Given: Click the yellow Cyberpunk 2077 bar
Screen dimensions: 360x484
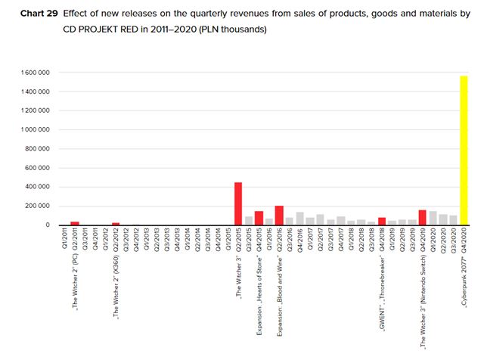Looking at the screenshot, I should tap(463, 151).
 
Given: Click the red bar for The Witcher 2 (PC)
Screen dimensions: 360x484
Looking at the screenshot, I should tap(75, 223).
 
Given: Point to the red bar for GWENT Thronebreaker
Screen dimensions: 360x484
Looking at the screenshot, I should tap(382, 222).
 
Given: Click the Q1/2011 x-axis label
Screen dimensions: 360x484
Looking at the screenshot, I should tap(64, 241).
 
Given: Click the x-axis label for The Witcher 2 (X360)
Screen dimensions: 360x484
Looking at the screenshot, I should tap(116, 272).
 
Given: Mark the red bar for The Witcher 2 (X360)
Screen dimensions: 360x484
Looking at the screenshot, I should tap(116, 224).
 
